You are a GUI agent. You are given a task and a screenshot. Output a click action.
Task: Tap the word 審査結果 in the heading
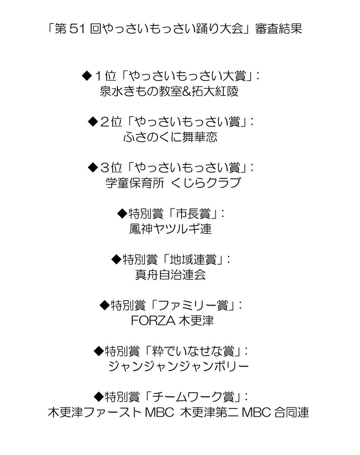pyautogui.click(x=279, y=29)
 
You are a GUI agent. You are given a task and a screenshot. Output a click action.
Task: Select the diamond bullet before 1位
pyautogui.click(x=87, y=76)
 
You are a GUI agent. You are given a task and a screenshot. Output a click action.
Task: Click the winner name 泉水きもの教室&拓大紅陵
pyautogui.click(x=169, y=91)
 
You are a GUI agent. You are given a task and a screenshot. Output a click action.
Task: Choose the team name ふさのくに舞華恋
pyautogui.click(x=171, y=137)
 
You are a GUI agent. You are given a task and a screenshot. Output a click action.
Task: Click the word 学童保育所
pyautogui.click(x=135, y=183)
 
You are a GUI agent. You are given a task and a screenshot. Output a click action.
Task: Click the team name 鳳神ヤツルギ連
pyautogui.click(x=171, y=229)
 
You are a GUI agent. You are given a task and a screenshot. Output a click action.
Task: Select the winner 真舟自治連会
pyautogui.click(x=171, y=274)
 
